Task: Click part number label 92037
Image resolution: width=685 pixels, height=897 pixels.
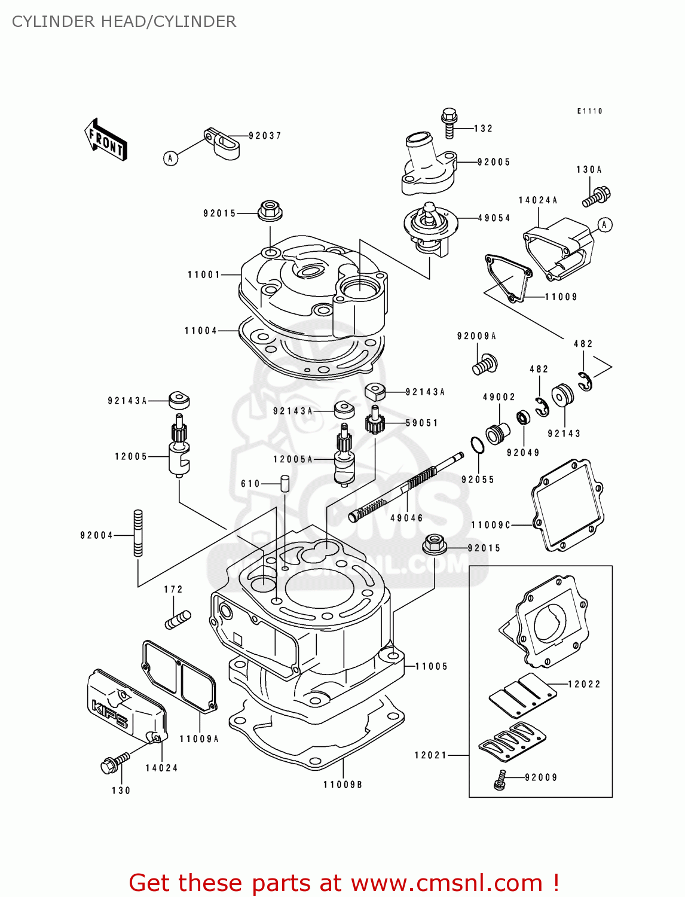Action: (265, 136)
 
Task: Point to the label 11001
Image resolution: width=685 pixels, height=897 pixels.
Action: (204, 275)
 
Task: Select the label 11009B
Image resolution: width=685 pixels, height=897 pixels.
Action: (342, 785)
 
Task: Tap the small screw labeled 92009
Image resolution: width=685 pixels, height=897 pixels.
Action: (500, 779)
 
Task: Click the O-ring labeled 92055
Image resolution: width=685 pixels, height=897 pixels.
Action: (477, 446)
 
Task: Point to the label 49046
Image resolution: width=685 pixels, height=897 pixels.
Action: (406, 518)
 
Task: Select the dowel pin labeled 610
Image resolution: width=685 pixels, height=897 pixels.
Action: (285, 483)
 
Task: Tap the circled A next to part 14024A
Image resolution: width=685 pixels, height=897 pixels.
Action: (605, 225)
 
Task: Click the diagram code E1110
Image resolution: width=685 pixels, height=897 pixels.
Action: (589, 111)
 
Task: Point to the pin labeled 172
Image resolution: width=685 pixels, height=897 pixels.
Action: (178, 620)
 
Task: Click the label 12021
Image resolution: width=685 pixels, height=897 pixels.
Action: (430, 755)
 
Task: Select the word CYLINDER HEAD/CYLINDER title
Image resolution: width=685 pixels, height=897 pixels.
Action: (124, 22)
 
